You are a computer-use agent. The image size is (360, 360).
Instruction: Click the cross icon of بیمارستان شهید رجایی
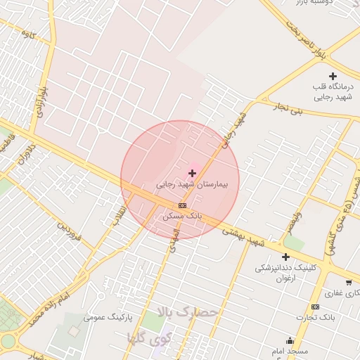[192, 173]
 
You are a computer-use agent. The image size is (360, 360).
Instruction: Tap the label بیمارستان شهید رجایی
[193, 185]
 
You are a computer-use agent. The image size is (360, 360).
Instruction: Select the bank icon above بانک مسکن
[183, 205]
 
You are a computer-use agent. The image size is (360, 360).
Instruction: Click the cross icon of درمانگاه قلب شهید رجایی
[333, 76]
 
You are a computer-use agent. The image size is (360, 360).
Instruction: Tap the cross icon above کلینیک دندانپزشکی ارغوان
[285, 257]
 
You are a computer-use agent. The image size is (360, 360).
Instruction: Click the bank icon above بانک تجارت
[315, 307]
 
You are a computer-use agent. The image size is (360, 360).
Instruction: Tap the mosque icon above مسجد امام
[290, 340]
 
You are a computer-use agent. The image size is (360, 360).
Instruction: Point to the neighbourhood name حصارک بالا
[188, 311]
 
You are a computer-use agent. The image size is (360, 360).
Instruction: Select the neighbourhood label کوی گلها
[149, 337]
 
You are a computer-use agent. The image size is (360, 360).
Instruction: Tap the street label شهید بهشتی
[242, 236]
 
